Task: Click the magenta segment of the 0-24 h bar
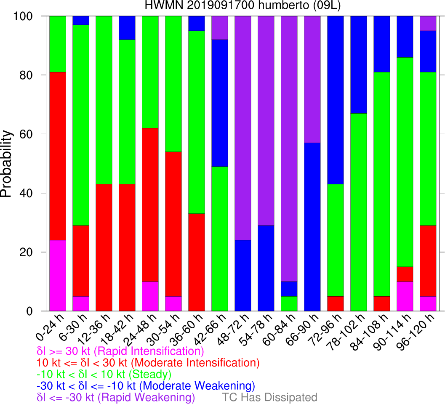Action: pyautogui.click(x=58, y=276)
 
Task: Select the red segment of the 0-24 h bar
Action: pyautogui.click(x=58, y=156)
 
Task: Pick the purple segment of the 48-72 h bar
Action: pyautogui.click(x=243, y=126)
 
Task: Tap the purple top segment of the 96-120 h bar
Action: pyautogui.click(x=428, y=23)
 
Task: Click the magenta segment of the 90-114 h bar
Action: pyautogui.click(x=405, y=297)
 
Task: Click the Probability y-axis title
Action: pyautogui.click(x=7, y=163)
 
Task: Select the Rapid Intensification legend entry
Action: pyautogui.click(x=120, y=351)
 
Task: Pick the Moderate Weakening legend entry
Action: pyautogui.click(x=146, y=385)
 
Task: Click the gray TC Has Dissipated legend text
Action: pyautogui.click(x=269, y=397)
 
